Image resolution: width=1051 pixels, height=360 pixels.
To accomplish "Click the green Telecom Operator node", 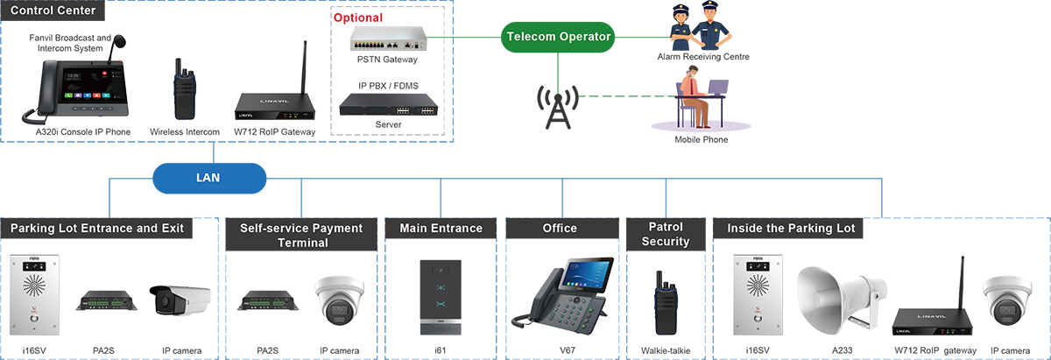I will [558, 37].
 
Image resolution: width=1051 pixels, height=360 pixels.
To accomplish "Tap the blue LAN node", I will [209, 178].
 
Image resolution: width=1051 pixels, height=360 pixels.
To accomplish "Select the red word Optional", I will [357, 17].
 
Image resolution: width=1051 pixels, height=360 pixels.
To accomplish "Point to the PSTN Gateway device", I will [388, 36].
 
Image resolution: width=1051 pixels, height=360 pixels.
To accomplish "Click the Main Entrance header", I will [441, 229].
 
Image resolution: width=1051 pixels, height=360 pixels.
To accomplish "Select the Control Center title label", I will [53, 11].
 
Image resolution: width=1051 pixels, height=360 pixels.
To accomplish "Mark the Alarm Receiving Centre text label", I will [703, 57].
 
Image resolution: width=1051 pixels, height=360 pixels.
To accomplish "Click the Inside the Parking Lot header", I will [791, 229].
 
